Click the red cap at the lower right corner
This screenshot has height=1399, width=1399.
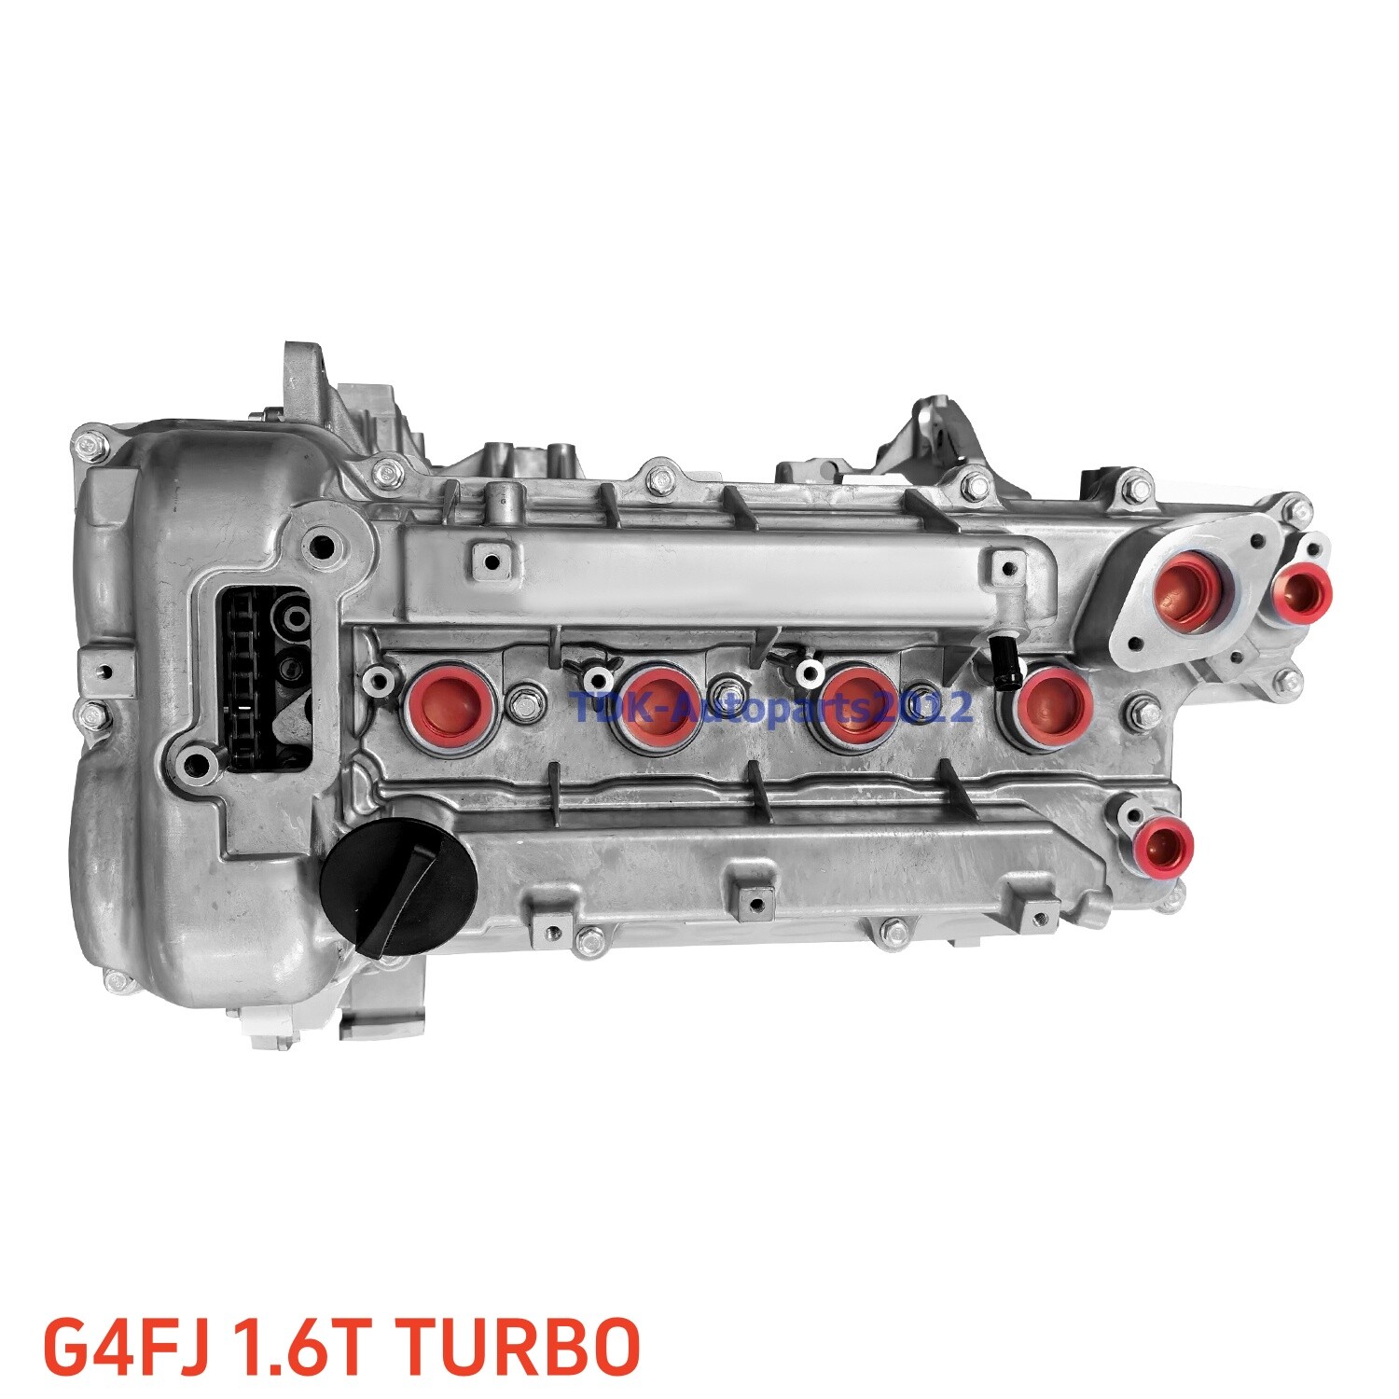[x=1167, y=843]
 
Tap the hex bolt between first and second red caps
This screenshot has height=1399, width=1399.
[x=524, y=699]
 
